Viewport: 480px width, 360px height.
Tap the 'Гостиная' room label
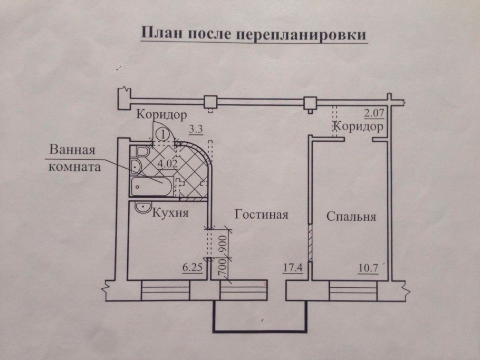261,215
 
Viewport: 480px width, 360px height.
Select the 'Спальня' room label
351,217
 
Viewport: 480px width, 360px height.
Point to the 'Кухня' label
170,214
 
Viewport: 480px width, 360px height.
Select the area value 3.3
195,128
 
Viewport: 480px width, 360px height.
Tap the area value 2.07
372,112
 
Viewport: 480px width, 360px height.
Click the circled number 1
164,134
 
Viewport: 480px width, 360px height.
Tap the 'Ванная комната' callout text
73,157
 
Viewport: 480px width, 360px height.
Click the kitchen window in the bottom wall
165,290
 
